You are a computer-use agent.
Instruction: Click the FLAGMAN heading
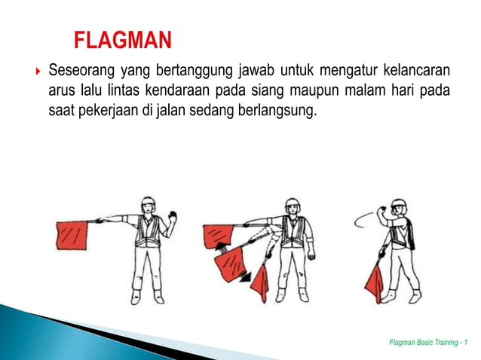(122, 39)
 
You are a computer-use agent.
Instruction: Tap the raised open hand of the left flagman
(173, 218)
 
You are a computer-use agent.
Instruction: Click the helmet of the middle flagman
(290, 206)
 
